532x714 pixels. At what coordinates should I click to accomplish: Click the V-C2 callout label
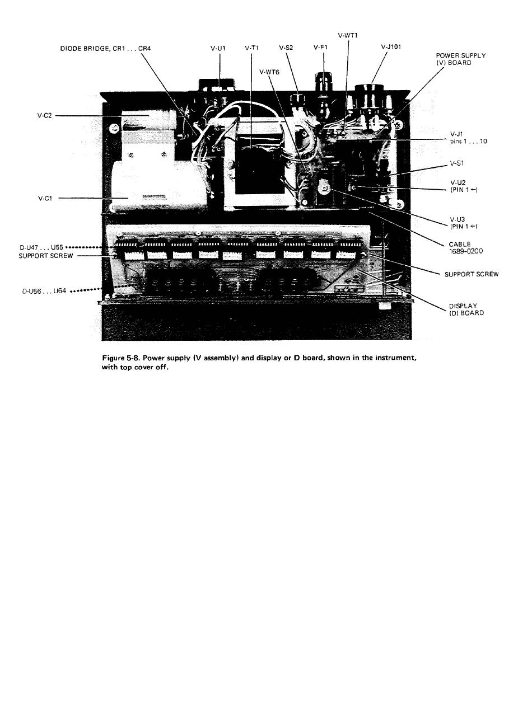click(45, 116)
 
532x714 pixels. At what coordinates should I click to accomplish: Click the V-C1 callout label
click(45, 198)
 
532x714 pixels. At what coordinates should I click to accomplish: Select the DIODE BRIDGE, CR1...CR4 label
click(105, 48)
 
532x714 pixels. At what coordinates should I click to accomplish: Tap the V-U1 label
click(218, 48)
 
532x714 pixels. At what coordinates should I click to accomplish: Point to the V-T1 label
click(251, 48)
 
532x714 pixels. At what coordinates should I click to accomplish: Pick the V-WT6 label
click(269, 72)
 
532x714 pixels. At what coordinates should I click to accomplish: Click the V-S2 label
click(286, 48)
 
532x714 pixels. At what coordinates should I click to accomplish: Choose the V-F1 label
click(320, 48)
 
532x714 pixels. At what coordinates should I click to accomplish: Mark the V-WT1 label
click(348, 35)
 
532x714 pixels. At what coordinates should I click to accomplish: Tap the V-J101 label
click(390, 47)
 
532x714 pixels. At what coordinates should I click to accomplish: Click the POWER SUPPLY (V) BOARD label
click(460, 59)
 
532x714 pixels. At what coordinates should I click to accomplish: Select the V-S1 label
click(457, 163)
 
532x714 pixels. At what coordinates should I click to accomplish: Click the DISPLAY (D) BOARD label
click(466, 309)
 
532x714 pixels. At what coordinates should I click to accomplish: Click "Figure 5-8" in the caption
click(121, 358)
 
